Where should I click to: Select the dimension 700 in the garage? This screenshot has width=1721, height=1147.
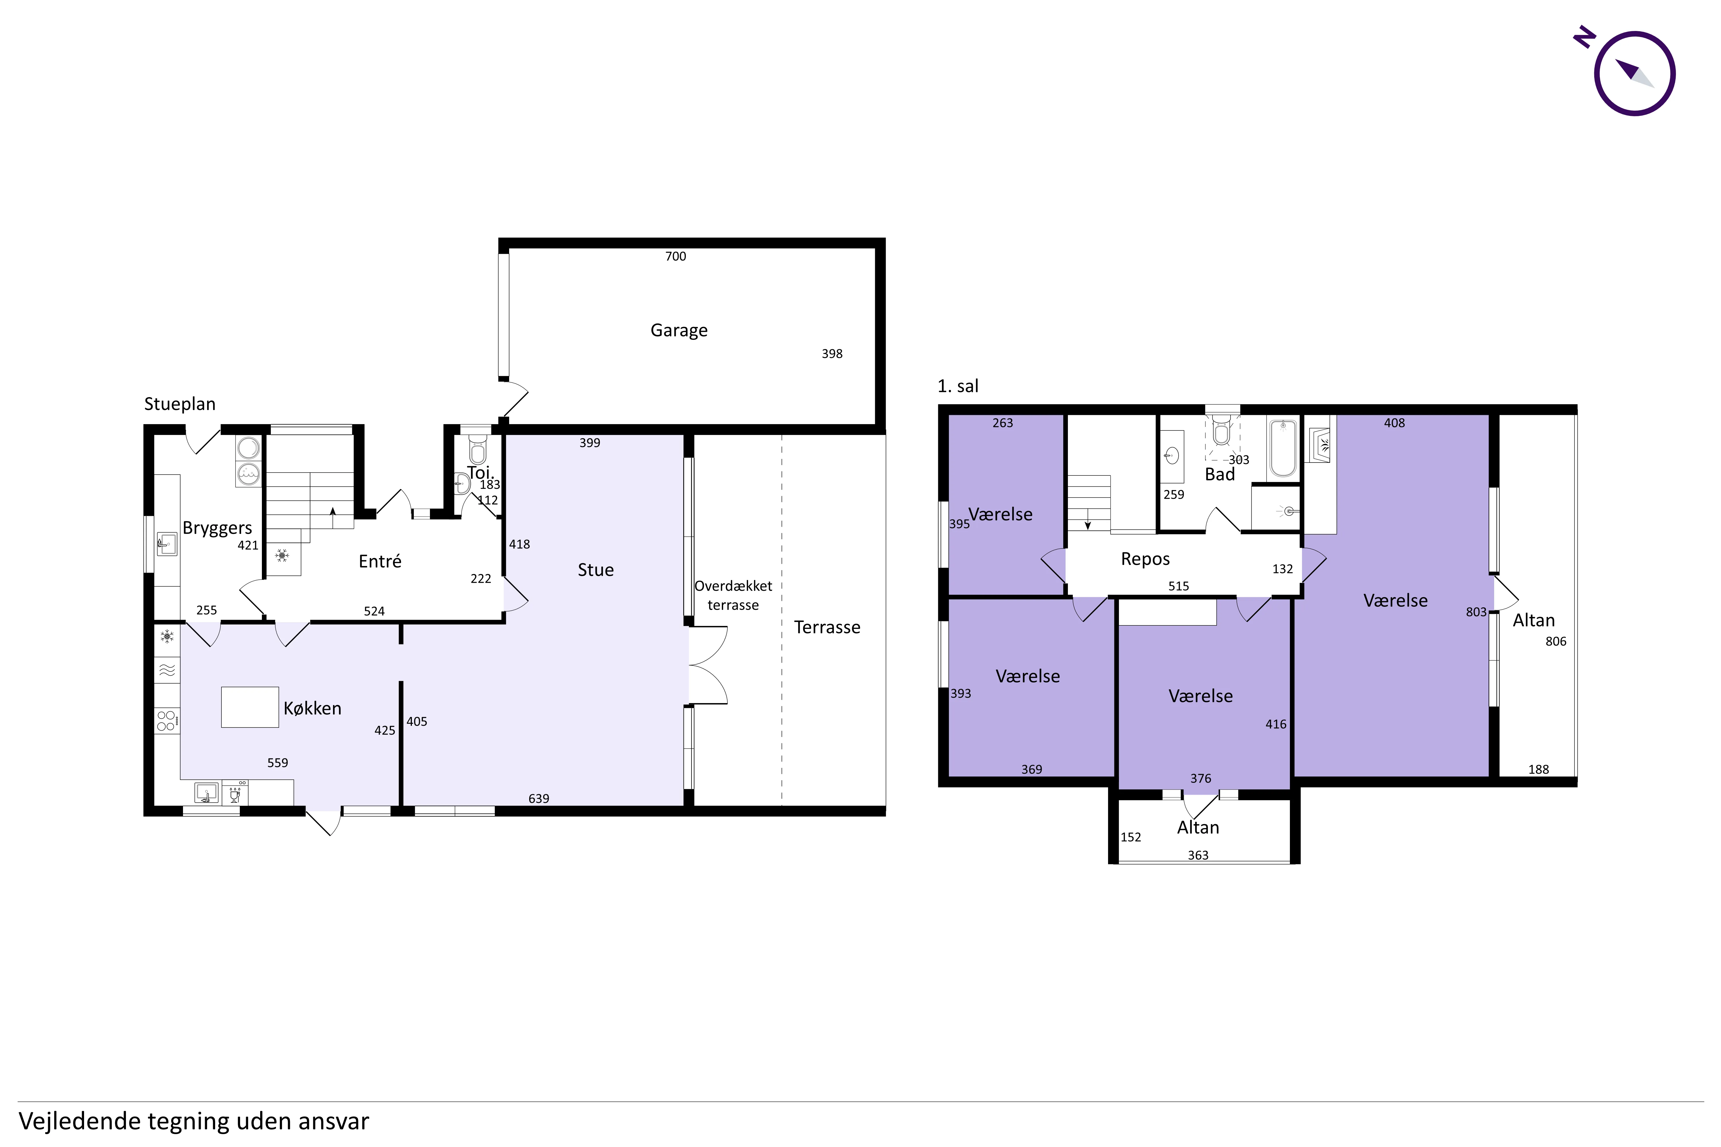point(675,256)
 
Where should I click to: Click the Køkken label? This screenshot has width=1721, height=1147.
point(312,708)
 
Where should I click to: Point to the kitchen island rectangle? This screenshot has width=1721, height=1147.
point(250,707)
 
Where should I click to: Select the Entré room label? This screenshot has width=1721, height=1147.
point(380,561)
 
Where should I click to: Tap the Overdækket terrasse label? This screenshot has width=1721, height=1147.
point(733,596)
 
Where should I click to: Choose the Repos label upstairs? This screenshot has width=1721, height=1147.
point(1145,559)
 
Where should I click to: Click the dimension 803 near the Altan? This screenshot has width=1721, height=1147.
point(1476,612)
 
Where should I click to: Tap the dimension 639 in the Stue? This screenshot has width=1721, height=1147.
point(539,798)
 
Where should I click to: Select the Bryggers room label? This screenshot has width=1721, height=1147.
point(217,528)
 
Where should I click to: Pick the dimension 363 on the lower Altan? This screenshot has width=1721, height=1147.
point(1198,855)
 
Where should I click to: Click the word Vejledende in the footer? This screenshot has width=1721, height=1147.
point(80,1121)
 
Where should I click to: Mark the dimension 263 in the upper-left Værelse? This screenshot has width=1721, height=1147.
point(1002,423)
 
